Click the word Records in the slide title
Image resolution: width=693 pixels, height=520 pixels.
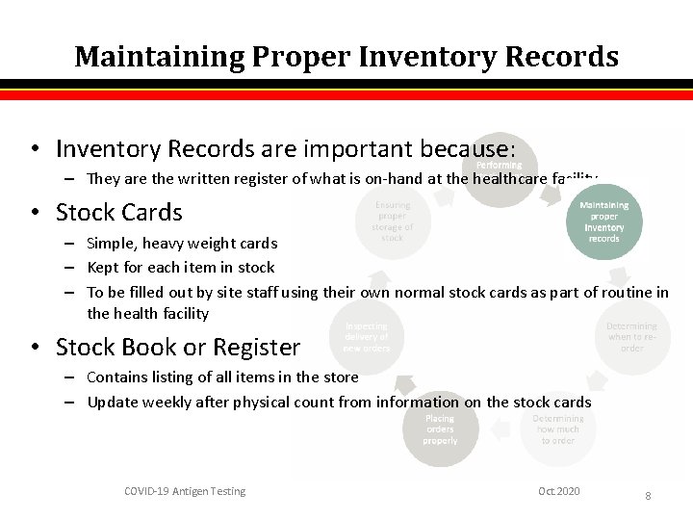(560, 57)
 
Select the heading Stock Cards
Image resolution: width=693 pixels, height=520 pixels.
(118, 212)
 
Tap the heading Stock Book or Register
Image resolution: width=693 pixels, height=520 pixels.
(178, 347)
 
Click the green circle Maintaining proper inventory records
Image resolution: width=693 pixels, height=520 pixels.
(603, 221)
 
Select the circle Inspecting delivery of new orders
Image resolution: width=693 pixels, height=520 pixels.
(366, 337)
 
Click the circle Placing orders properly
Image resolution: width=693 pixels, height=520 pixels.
(440, 429)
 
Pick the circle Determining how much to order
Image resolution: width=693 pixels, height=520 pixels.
(558, 429)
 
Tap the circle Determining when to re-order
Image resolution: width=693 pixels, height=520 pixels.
(631, 337)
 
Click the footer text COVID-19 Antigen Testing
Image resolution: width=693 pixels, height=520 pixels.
(185, 491)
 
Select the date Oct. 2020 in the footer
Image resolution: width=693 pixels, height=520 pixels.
(559, 491)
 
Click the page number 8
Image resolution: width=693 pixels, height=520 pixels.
(648, 495)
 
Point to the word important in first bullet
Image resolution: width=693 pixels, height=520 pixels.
(349, 149)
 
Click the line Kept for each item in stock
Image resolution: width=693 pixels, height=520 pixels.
(181, 268)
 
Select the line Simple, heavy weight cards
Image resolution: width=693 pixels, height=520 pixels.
(182, 243)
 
